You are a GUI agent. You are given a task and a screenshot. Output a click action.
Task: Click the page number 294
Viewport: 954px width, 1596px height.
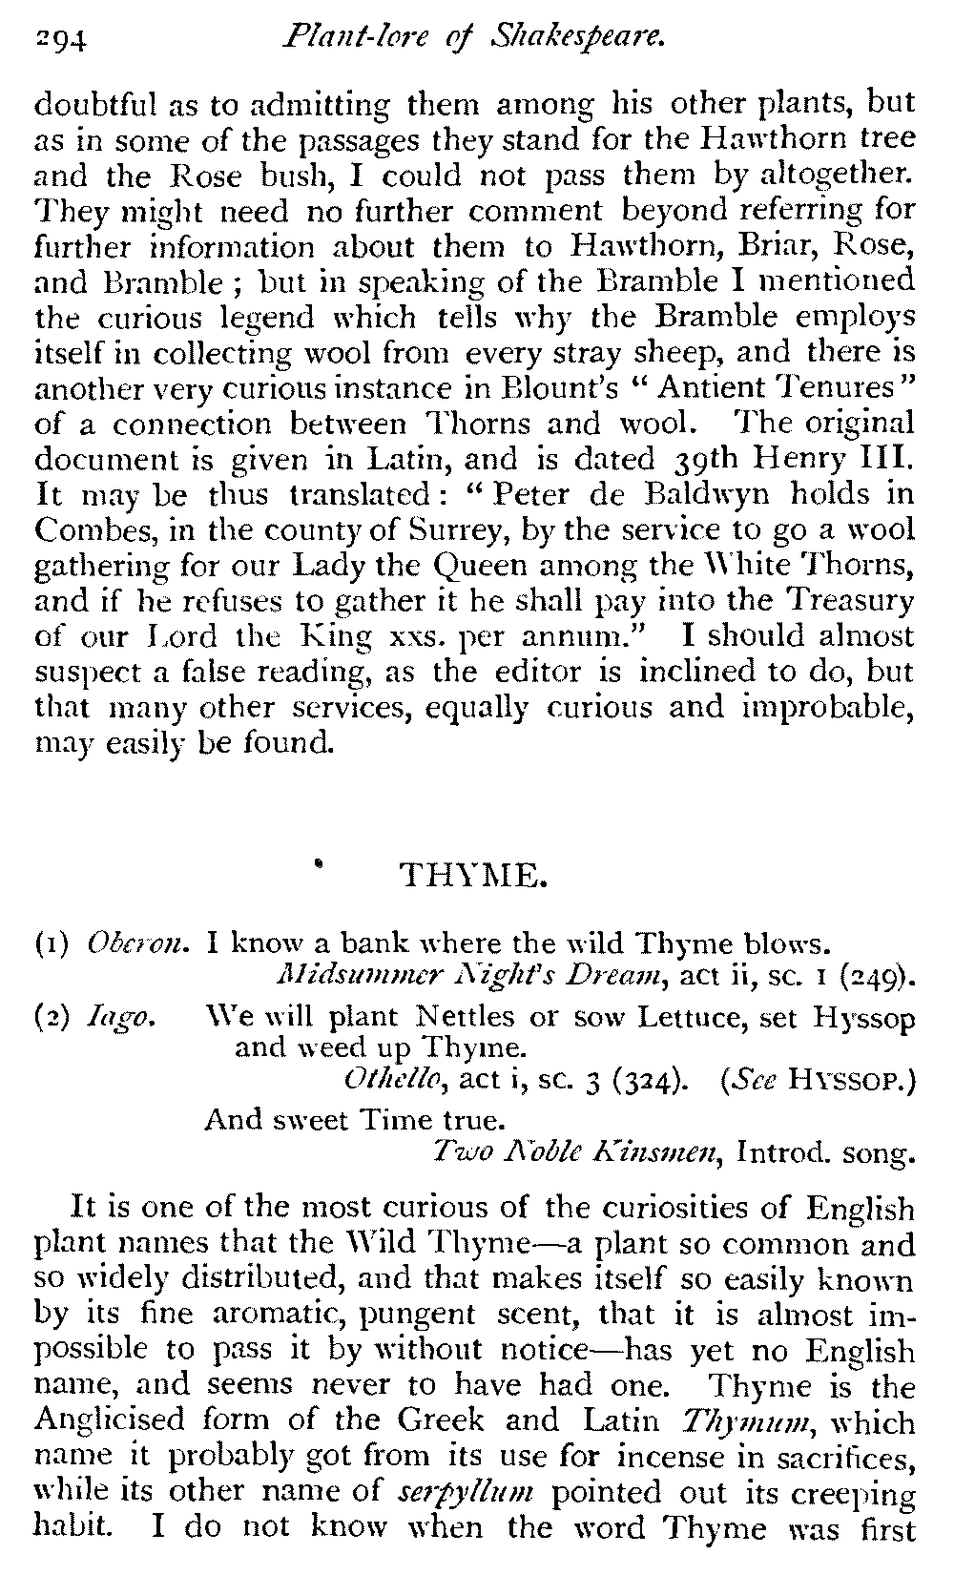click(61, 39)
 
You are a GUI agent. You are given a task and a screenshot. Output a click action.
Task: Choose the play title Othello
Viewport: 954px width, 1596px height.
click(395, 1081)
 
